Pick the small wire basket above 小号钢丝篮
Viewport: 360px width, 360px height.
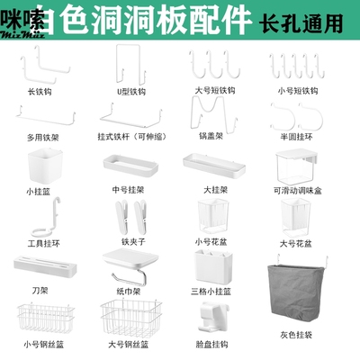coord(40,316)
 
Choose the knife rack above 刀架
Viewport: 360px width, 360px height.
coord(39,266)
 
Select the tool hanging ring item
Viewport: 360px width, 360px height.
coord(40,216)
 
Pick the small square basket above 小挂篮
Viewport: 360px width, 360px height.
coord(39,162)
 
